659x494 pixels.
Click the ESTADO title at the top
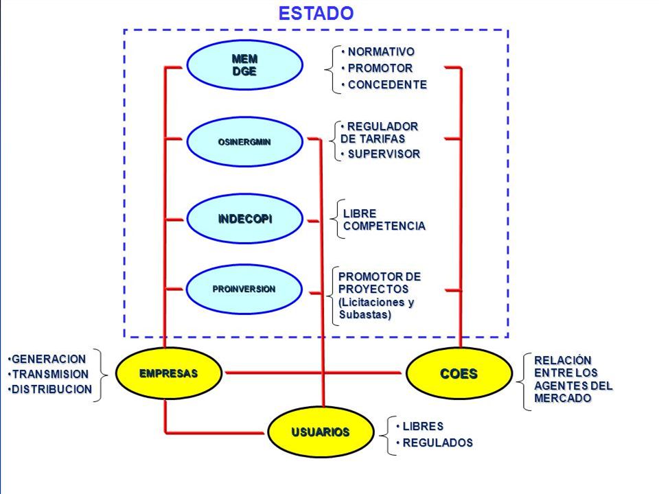(316, 13)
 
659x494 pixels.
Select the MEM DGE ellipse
(244, 65)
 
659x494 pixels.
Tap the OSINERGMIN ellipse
(244, 142)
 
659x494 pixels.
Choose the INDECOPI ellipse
(244, 219)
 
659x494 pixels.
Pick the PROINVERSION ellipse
(244, 289)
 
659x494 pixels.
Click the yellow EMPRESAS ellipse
(169, 373)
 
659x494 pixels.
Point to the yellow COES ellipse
(459, 373)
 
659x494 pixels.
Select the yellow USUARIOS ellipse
(321, 432)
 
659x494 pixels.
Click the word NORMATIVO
(381, 51)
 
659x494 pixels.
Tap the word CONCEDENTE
(387, 84)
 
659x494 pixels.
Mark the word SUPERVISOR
(384, 154)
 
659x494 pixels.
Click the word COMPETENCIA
(384, 226)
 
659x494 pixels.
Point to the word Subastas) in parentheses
(365, 314)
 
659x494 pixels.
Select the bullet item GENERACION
(47, 359)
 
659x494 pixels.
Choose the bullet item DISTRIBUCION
(50, 390)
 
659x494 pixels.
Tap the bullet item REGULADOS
(435, 443)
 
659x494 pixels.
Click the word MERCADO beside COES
(563, 398)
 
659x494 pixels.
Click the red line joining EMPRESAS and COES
(314, 373)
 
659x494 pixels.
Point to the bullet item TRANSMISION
(48, 374)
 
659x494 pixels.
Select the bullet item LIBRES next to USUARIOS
(420, 426)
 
